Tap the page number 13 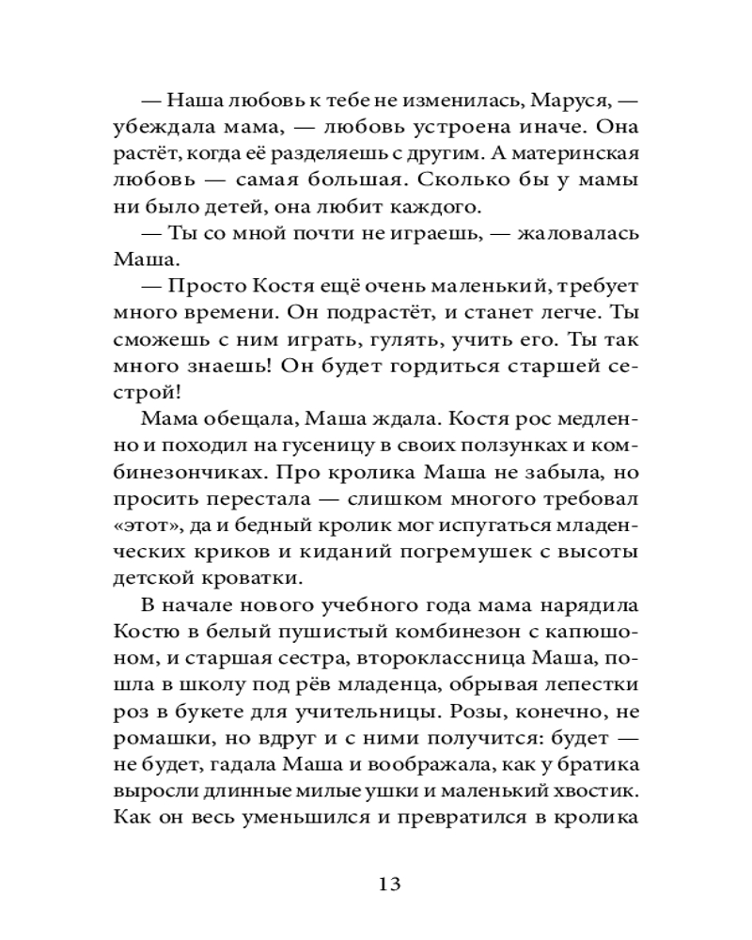390,884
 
